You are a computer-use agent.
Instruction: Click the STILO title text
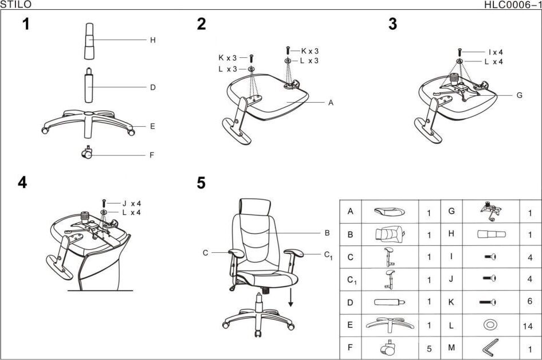[x=15, y=5]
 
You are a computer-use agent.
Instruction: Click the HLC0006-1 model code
[x=512, y=5]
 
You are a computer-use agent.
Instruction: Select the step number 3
[x=392, y=25]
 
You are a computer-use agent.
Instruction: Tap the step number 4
[x=22, y=183]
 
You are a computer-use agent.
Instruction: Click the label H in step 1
[x=152, y=40]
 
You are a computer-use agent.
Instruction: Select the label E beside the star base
[x=152, y=126]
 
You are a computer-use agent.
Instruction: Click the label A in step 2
[x=331, y=103]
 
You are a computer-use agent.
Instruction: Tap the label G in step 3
[x=519, y=95]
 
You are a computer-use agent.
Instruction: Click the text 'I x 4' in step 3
[x=495, y=52]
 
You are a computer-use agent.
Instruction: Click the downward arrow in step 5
[x=290, y=298]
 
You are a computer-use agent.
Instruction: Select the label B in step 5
[x=327, y=233]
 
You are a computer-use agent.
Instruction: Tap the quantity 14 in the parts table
[x=528, y=326]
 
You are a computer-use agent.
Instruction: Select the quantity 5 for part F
[x=428, y=348]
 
